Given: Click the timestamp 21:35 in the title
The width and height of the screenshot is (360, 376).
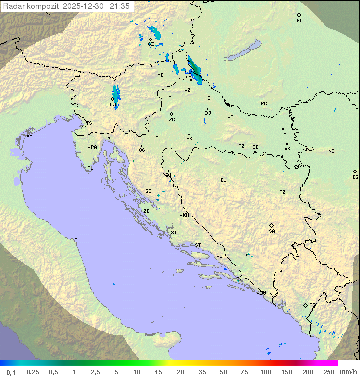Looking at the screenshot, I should pos(120,6).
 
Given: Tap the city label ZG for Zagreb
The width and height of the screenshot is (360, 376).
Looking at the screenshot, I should pos(172,120).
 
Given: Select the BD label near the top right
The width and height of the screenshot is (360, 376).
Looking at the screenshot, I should pos(299,21).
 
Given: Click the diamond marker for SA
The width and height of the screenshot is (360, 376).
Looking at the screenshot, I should pos(272,225).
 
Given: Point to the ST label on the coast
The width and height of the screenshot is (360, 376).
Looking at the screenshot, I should pos(198,245).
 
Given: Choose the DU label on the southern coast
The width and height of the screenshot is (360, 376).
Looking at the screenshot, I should pos(263,293).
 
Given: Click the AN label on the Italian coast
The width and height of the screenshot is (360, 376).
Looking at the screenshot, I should pos(77,240).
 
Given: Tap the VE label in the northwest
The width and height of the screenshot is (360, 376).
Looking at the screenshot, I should pos(29,136).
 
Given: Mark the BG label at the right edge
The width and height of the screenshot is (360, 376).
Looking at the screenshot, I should pos(355,177).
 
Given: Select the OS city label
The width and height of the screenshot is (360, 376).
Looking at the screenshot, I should pos(283,134).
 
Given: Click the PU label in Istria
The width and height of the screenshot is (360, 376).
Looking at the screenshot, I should pos(90,168).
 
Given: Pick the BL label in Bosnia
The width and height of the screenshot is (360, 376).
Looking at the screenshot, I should pos(223,180).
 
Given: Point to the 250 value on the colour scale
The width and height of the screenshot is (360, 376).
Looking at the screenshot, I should pos(329,372).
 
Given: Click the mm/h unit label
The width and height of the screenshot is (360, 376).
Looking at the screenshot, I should pos(348,372).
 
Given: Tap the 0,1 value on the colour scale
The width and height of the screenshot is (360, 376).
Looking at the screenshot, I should pos(11,372).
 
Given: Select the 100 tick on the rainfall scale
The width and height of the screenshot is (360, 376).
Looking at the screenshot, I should pos(265,372).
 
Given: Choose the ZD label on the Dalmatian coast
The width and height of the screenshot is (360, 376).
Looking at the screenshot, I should pos(146,211).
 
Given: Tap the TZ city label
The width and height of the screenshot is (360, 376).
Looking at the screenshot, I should pos(283,192).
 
